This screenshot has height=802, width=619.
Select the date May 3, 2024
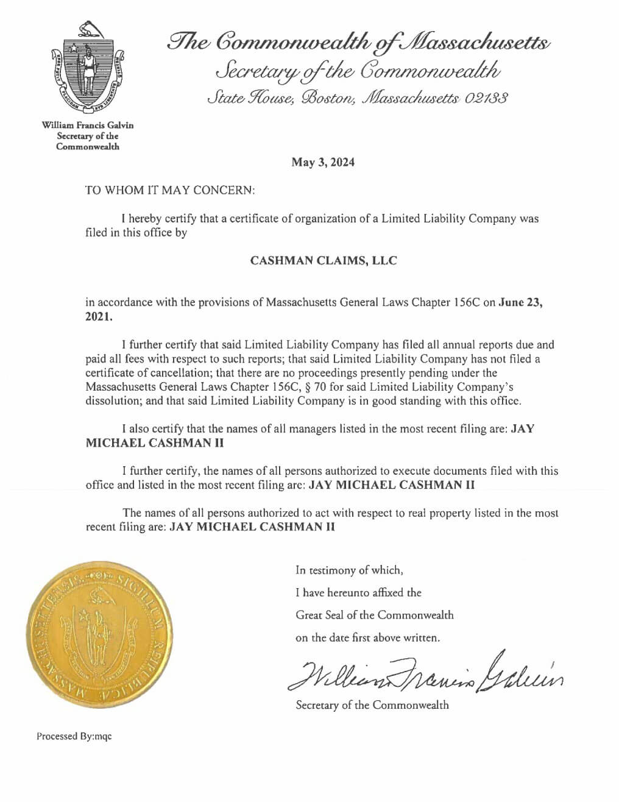coord(323,163)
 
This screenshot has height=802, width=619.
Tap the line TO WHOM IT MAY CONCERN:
coord(169,190)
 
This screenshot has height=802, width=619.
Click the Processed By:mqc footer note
coord(74,736)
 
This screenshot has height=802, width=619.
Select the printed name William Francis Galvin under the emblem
coord(88,126)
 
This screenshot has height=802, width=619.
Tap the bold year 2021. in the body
coord(99,317)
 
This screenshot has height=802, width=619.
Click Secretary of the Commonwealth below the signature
coord(372,705)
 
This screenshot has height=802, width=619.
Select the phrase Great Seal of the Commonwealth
coord(375,615)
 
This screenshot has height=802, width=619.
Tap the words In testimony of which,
coord(349,570)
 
